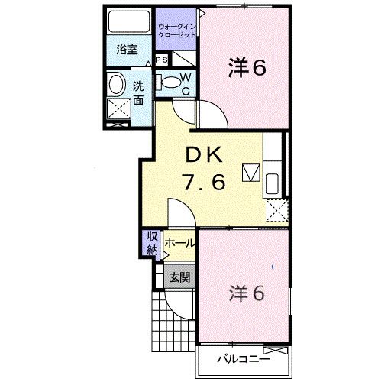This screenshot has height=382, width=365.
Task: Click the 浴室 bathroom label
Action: point(126,50)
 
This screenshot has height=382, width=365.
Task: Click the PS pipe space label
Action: point(161,60)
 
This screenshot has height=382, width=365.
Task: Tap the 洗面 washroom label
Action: point(138,92)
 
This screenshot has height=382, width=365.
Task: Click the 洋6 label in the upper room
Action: point(246,68)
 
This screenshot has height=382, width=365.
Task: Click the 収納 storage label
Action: point(152,242)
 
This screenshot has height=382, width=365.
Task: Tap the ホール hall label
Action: point(179,243)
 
